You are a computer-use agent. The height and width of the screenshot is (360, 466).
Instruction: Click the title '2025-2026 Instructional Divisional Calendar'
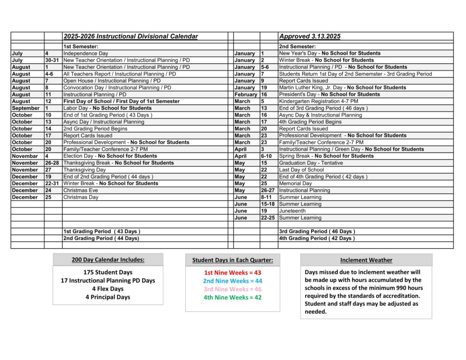(x=131, y=36)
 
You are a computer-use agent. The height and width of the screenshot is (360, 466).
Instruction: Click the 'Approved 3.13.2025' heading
(x=309, y=36)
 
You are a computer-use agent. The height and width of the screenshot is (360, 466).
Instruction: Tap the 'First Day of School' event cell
(x=121, y=101)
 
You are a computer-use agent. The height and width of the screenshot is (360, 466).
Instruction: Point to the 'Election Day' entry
(x=110, y=156)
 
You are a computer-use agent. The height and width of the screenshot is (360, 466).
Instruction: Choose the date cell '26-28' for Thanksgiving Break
(x=53, y=162)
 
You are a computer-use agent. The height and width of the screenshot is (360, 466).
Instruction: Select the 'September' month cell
(x=26, y=108)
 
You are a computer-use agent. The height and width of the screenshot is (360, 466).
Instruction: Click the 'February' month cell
(x=246, y=94)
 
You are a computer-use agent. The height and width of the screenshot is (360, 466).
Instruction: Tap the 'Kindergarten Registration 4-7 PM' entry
(x=319, y=101)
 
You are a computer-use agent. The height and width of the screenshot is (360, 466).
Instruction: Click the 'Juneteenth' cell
(x=292, y=211)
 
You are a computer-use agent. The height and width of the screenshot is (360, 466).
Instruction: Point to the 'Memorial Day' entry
(x=295, y=183)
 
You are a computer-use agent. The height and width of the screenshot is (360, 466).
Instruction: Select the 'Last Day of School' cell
(x=301, y=170)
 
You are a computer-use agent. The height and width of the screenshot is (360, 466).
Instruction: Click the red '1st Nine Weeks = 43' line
(x=232, y=272)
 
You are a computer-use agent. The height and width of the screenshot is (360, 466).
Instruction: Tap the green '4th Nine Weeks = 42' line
(x=232, y=297)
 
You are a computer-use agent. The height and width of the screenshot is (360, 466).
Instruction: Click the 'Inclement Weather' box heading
(x=366, y=260)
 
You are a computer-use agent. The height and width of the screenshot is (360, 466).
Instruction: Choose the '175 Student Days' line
(x=108, y=272)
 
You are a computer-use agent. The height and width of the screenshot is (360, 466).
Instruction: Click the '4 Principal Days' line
(x=108, y=297)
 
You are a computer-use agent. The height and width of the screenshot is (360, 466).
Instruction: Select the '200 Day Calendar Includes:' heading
(x=108, y=260)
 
